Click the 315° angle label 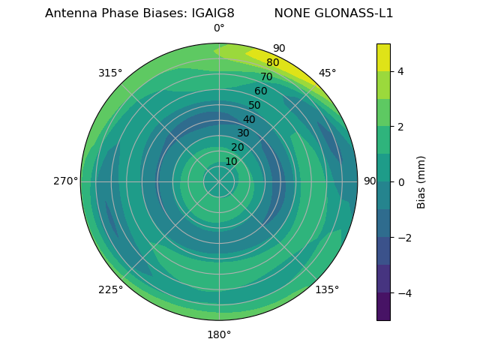[110, 73]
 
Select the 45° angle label [327, 73]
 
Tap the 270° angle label [65, 181]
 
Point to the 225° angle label [110, 289]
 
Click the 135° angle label [327, 289]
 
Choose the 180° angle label [219, 334]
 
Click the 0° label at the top [219, 28]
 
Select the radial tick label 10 [231, 161]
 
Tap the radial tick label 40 [249, 119]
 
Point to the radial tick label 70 [266, 76]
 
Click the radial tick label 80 [272, 63]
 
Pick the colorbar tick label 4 [400, 71]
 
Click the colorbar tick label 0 [400, 181]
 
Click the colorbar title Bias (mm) [421, 181]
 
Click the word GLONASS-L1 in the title [334, 13]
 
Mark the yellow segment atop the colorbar [383, 57]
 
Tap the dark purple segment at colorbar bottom [383, 306]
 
